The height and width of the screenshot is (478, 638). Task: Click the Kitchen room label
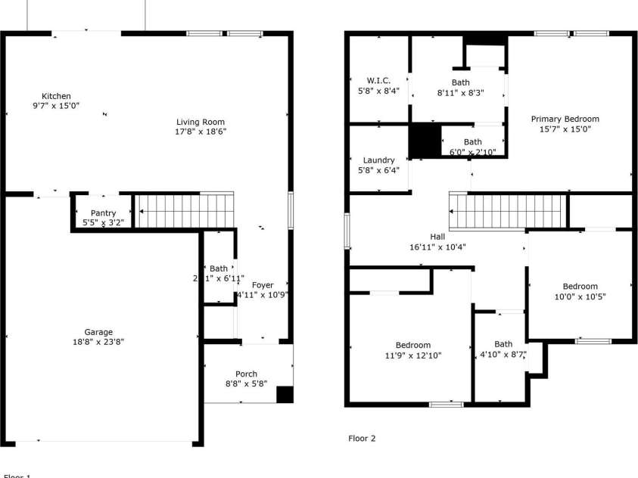click(56, 96)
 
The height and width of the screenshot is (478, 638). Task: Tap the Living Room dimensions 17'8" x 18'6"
click(201, 132)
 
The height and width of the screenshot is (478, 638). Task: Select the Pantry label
click(103, 213)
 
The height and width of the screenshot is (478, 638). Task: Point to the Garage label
click(98, 332)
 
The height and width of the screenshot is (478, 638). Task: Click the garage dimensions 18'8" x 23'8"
click(98, 342)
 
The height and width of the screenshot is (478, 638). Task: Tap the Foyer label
click(263, 285)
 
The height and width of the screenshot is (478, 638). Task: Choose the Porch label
click(246, 374)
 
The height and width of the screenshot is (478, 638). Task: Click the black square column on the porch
click(285, 395)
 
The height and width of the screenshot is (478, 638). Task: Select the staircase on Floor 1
click(184, 210)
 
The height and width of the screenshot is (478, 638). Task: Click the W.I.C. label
click(378, 81)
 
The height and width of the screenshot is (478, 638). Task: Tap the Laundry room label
click(378, 160)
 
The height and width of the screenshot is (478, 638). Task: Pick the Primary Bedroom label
click(565, 119)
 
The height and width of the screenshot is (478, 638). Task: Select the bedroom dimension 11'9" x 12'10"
click(412, 355)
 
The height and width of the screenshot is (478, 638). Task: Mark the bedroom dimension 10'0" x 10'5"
click(580, 296)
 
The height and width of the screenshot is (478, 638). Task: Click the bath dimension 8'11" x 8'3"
click(460, 92)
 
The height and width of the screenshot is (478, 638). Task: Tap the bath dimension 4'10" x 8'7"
click(503, 354)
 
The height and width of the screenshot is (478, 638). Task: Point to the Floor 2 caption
click(362, 438)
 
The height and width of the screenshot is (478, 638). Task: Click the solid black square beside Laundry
click(425, 141)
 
